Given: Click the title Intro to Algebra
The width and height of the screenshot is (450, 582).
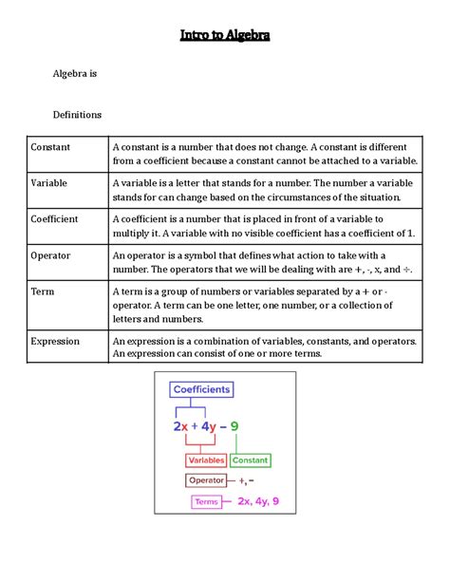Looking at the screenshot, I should coord(225,36).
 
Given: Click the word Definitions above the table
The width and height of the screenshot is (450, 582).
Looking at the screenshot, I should coord(77,115).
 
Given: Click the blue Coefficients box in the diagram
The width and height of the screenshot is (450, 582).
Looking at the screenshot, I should coord(201,389).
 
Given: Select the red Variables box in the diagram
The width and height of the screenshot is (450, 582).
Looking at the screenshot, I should coord(206,460).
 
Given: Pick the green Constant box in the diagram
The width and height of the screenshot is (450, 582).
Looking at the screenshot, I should coord(251,460).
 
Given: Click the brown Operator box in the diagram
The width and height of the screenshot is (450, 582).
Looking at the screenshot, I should coord(206,480).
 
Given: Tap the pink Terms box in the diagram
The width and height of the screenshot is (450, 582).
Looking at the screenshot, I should coord(206,501).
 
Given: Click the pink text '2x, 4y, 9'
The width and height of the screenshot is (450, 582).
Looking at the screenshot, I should coord(258,501).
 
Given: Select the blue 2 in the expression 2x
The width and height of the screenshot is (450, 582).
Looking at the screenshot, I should coord(178,426).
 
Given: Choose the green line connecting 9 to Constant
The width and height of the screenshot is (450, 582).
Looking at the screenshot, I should coord(234,443).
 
